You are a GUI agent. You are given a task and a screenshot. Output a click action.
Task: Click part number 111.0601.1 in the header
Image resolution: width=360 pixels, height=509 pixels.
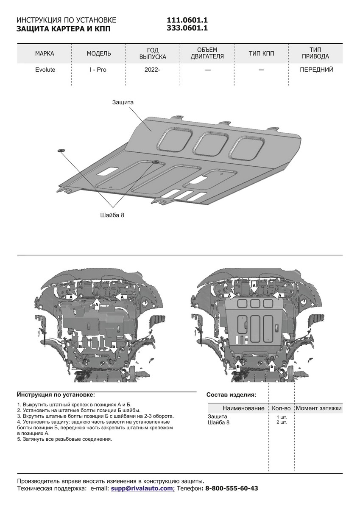(x=187, y=20)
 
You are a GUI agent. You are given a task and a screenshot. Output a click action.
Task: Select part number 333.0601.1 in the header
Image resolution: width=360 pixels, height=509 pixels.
(x=187, y=28)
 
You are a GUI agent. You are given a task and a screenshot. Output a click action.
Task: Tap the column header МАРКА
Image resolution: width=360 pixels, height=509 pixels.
(x=45, y=53)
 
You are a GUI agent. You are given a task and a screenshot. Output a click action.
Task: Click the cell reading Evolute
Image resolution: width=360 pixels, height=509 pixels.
(x=45, y=70)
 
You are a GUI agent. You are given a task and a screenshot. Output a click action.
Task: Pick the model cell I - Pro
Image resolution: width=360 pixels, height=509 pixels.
(x=98, y=70)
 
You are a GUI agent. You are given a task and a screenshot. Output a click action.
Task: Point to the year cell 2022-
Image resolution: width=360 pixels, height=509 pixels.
(x=153, y=70)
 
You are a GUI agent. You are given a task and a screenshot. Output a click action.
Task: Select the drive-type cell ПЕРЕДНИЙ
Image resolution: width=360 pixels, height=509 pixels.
(x=316, y=70)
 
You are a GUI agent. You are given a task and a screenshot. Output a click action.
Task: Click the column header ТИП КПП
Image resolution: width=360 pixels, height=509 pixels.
(x=262, y=53)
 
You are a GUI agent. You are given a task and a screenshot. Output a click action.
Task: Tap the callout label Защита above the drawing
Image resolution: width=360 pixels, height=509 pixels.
(x=123, y=102)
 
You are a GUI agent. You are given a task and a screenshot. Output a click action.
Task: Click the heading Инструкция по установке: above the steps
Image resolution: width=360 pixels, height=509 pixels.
(x=56, y=394)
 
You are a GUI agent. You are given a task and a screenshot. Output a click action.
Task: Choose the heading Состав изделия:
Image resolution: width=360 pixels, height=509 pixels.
(x=231, y=394)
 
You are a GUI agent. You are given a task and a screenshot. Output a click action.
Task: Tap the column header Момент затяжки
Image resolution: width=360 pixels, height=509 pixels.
(x=318, y=408)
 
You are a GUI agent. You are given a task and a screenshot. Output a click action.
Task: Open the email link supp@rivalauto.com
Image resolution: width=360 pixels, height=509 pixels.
(x=141, y=489)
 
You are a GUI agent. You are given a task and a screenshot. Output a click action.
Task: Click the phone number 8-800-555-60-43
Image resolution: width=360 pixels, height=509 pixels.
(x=232, y=489)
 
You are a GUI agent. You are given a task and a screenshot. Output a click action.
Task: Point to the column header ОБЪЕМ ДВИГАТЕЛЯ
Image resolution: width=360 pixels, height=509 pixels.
(x=207, y=53)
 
